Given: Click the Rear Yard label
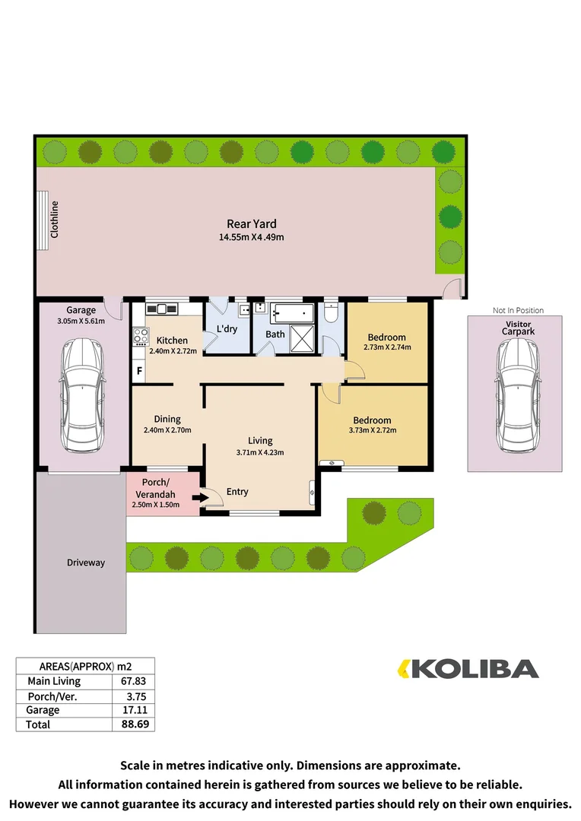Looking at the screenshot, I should coord(251,223).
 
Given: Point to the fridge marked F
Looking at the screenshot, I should coord(139,372).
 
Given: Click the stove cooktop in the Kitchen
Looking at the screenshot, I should coord(140,337).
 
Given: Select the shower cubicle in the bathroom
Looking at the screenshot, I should coord(302,340).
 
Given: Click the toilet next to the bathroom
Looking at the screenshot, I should coord(331,312).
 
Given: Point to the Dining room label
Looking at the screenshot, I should coord(167,419).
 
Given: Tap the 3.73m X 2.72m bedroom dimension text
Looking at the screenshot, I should coord(373,430).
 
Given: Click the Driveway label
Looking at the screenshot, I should coord(85,563).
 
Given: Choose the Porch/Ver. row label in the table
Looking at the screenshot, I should coord(52,696).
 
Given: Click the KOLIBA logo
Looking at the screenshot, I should coord(469,669).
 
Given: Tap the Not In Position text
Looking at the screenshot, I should coord(518,310).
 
